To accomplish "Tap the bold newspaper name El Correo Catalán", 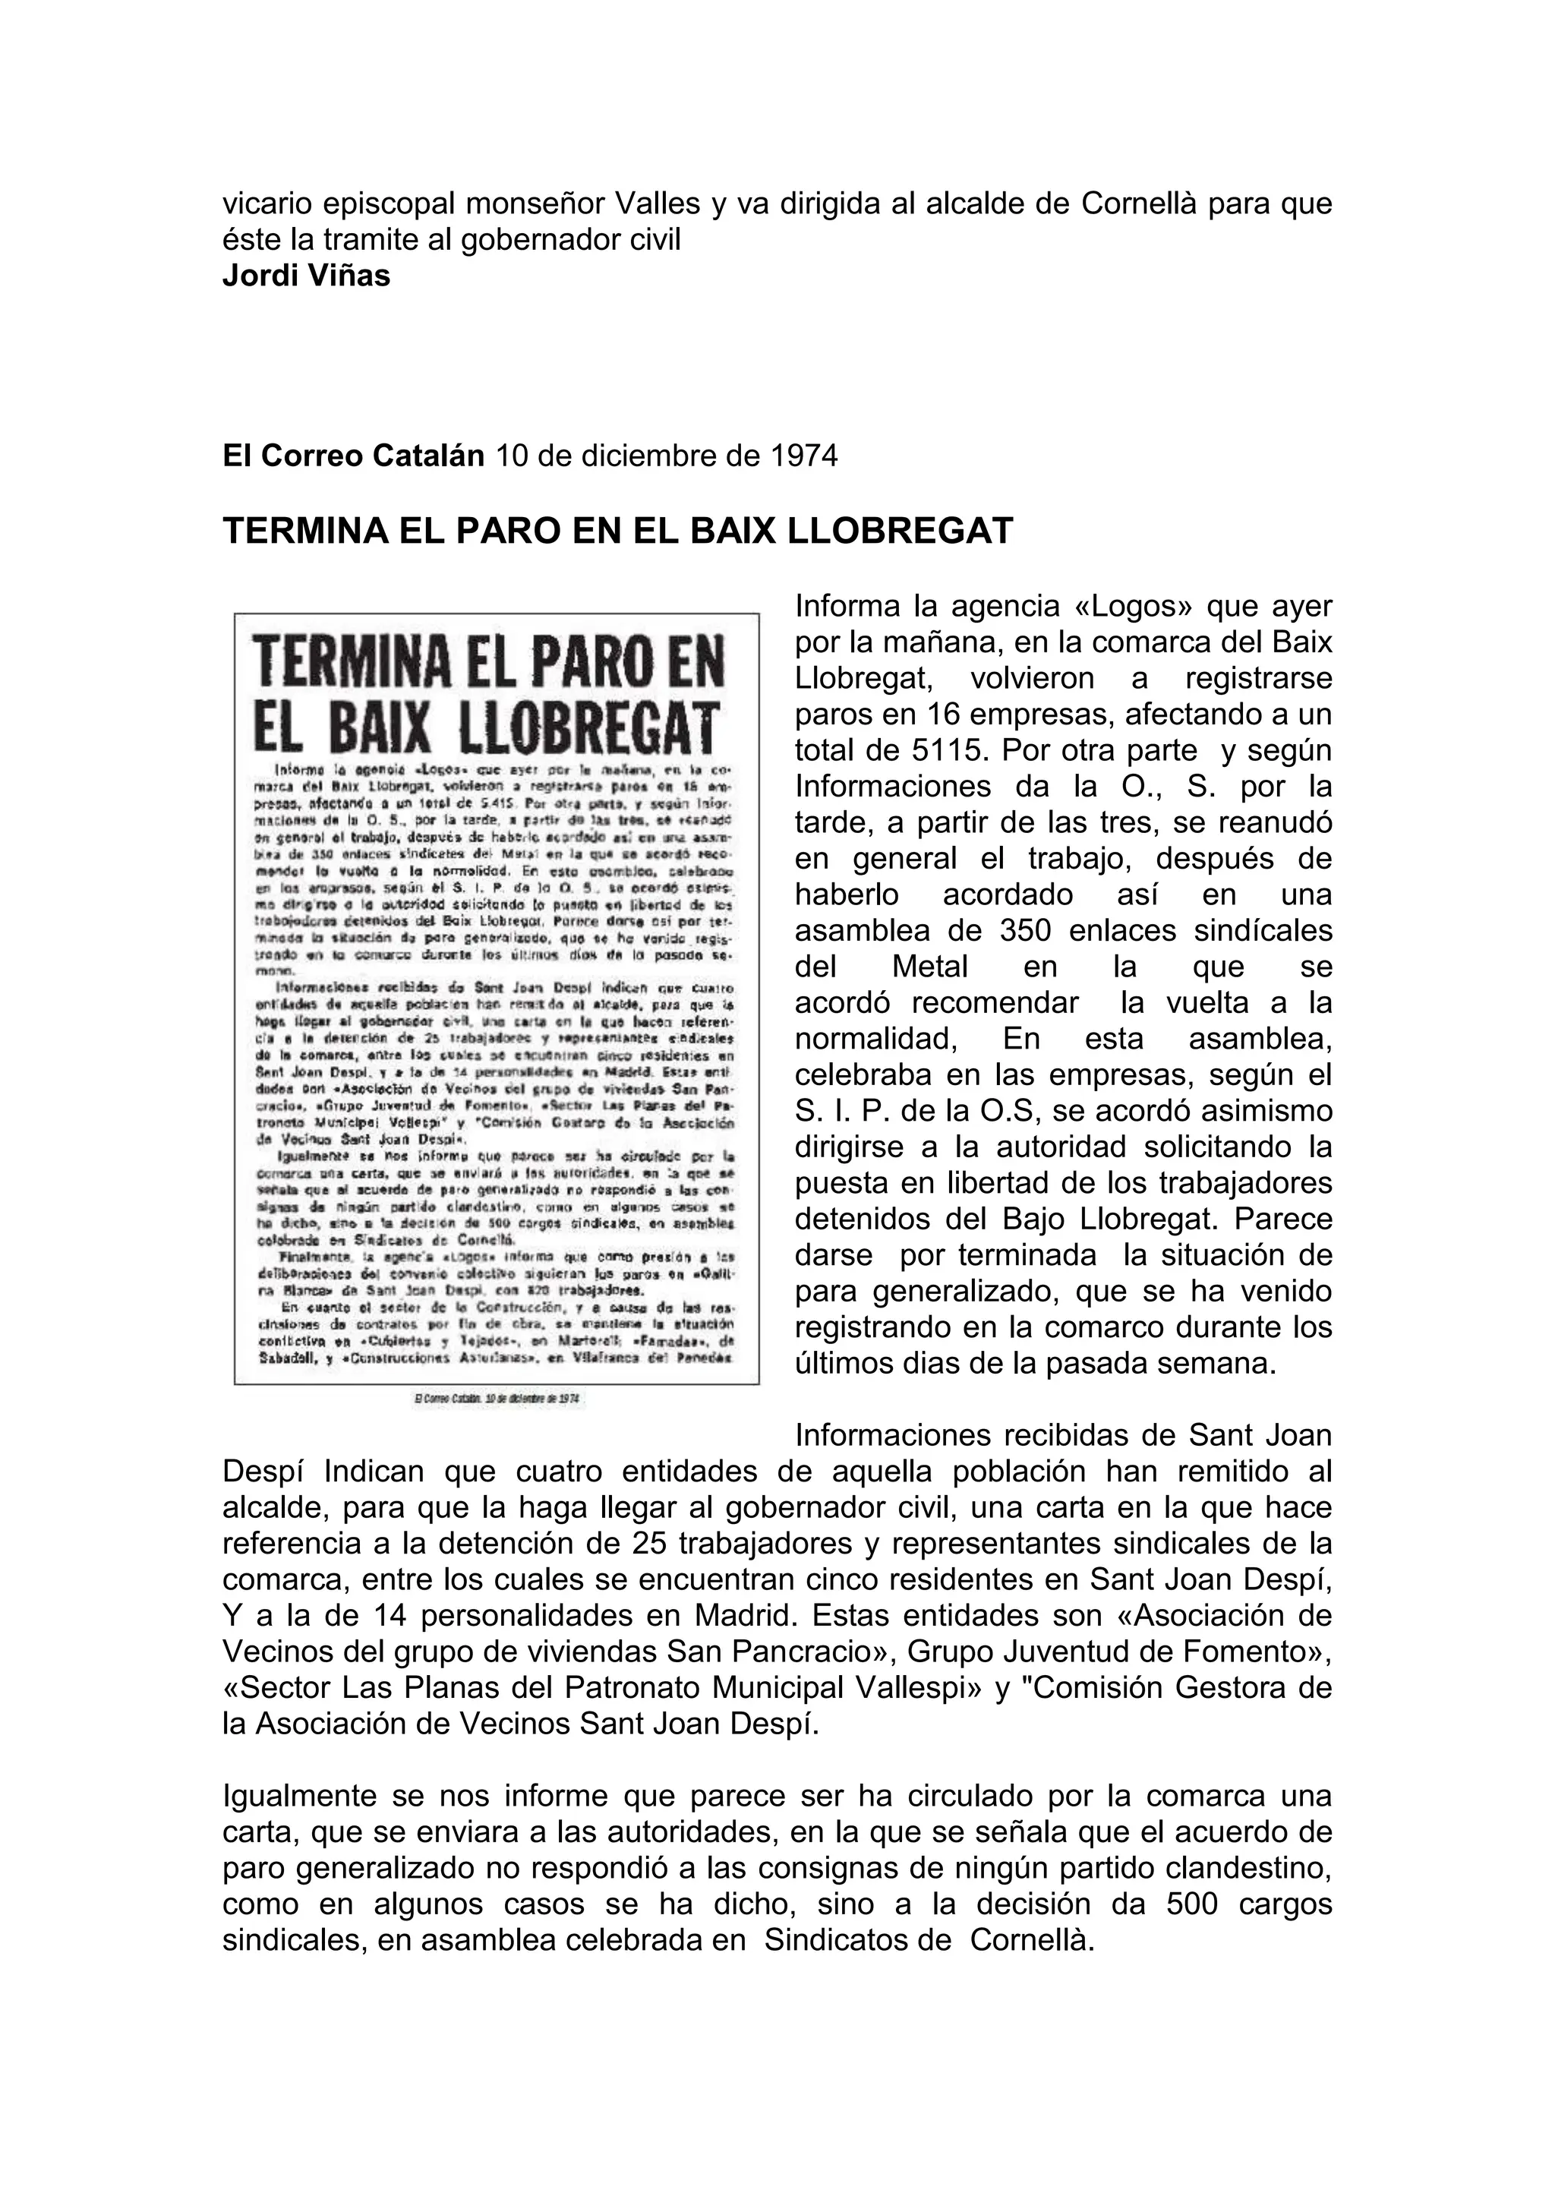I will (353, 456).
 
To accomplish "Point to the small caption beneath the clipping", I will (498, 1399).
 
